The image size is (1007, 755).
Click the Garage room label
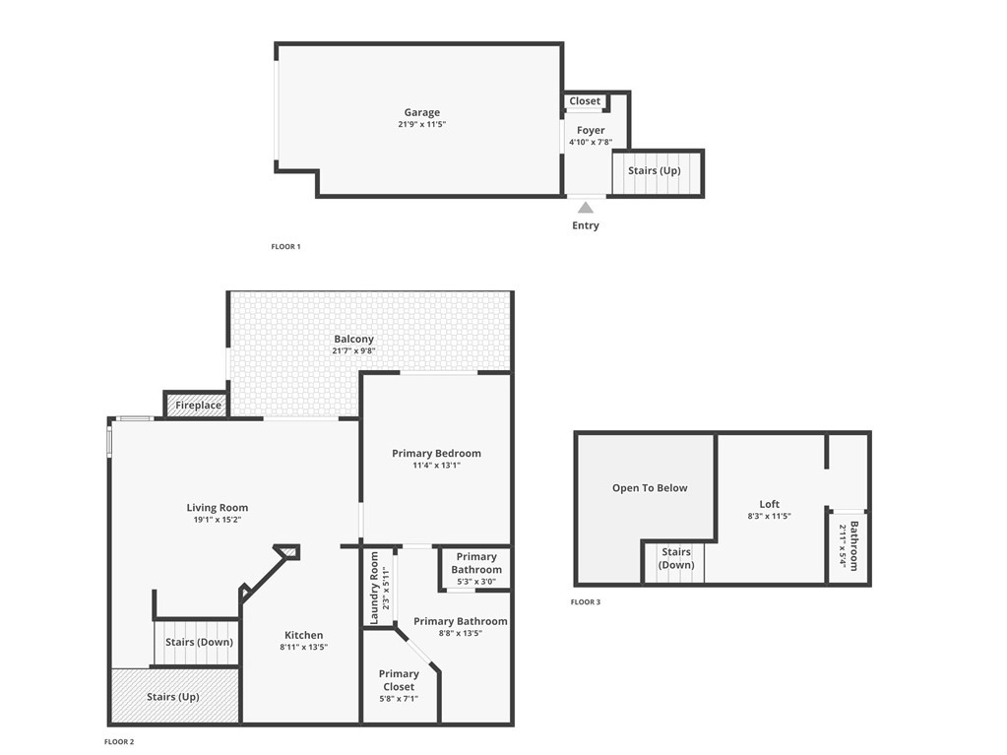coord(421,112)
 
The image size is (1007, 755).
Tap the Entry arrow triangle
coord(586,208)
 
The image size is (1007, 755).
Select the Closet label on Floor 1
coord(585,101)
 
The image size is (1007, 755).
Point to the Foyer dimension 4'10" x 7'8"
coord(591,143)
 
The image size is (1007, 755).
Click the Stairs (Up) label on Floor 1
coord(655,171)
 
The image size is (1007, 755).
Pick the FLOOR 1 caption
coord(285,246)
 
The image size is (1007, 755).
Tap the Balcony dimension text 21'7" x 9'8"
coord(353,351)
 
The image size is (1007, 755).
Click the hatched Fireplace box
coord(198,406)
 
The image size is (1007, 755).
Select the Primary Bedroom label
coord(436,454)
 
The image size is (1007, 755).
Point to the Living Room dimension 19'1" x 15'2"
coord(217,520)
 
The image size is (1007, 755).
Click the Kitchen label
coord(303,636)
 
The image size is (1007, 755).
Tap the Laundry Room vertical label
coord(374,588)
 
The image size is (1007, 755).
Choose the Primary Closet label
coord(399,680)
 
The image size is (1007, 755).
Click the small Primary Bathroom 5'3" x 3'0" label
coord(476,569)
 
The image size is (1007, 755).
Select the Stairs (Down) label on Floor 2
coord(199,643)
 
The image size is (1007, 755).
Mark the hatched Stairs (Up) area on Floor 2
coord(173,697)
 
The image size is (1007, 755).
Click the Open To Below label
coord(650,488)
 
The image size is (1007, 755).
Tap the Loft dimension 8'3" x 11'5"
coord(769,517)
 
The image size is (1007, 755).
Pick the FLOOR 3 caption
coord(585,601)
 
